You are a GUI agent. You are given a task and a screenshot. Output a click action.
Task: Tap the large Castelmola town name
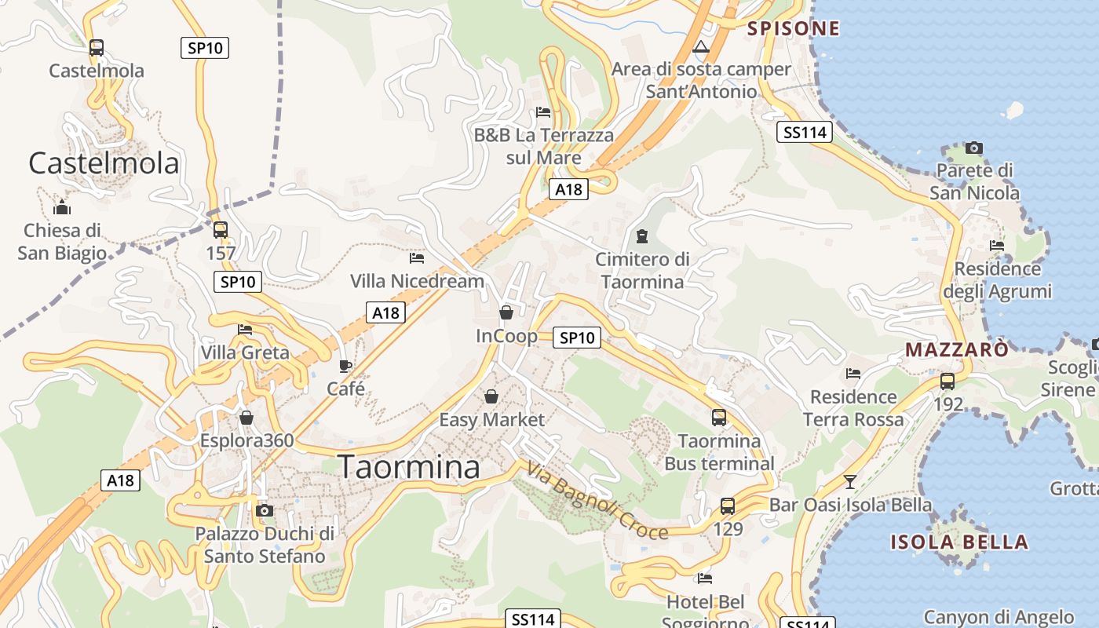click(x=104, y=163)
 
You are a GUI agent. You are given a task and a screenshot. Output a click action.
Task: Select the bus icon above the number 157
click(x=221, y=230)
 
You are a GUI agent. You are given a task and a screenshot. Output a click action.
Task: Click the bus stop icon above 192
click(x=947, y=382)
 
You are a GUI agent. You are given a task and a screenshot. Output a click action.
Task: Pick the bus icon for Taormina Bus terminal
click(x=719, y=418)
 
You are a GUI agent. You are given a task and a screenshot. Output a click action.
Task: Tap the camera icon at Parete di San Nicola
click(x=974, y=148)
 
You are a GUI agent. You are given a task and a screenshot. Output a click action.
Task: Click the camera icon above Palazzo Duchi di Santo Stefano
click(x=265, y=510)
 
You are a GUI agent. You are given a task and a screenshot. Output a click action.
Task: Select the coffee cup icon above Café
click(x=345, y=366)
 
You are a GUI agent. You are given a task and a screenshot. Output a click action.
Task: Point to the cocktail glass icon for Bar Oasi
click(x=849, y=481)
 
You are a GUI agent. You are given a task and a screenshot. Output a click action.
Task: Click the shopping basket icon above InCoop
click(x=506, y=312)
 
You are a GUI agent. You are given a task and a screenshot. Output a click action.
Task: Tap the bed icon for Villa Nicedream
click(x=417, y=257)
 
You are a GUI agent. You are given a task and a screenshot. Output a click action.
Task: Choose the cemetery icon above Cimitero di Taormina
click(x=642, y=235)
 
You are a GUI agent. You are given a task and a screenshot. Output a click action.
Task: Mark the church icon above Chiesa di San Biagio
click(x=62, y=208)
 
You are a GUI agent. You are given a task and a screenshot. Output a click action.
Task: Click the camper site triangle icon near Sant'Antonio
click(x=701, y=47)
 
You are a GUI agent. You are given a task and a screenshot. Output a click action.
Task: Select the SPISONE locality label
click(x=793, y=29)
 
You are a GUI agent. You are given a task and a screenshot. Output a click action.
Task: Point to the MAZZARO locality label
click(x=957, y=349)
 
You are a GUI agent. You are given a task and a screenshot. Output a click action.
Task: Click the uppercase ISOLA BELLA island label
click(x=958, y=542)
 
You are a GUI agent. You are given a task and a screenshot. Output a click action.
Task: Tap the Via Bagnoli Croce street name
click(x=597, y=502)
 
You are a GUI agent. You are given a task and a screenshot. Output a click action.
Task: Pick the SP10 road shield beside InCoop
click(x=577, y=338)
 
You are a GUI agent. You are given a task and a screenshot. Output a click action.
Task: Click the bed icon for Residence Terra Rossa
click(x=853, y=374)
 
